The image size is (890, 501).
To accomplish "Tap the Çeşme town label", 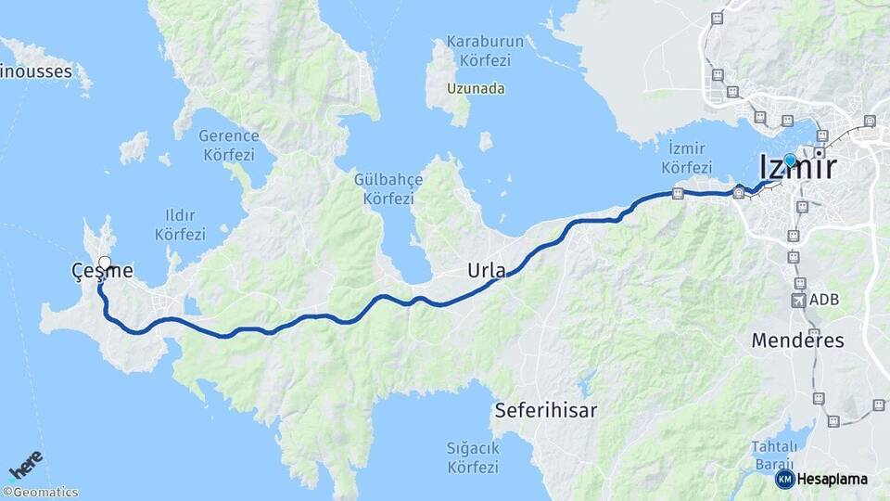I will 102,271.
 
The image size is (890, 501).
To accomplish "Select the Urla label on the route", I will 487,271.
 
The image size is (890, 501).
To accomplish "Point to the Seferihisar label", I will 545,409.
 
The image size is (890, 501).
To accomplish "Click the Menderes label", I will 797,340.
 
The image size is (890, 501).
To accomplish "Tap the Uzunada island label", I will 476,89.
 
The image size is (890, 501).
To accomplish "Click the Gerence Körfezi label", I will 229,145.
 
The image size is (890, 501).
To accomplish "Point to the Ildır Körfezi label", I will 181,225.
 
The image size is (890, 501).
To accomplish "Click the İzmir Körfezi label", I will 687,159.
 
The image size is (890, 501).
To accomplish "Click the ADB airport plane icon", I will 799,301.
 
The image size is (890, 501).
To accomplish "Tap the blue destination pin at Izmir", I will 790,161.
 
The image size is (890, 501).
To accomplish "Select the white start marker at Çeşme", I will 105,263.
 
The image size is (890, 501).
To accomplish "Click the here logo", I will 26,464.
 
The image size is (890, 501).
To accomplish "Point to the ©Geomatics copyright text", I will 41,493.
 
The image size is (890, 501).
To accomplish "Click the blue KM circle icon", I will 784,479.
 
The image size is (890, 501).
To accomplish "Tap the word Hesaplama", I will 833,479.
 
